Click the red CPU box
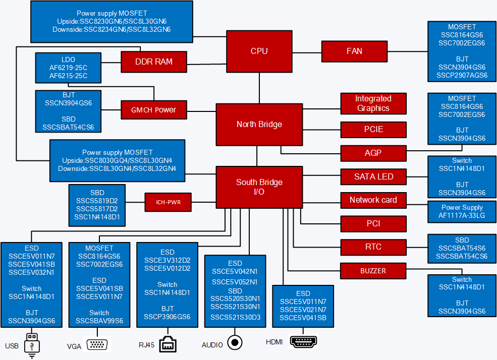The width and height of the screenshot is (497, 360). coord(259,51)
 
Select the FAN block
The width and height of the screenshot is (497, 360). coord(354,51)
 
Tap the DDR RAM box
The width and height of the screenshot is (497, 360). coord(154,62)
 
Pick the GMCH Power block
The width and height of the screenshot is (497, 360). coord(154,110)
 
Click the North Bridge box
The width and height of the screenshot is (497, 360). coord(259,124)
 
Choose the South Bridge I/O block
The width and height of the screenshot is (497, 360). coord(259,187)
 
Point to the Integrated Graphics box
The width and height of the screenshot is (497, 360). coord(373,103)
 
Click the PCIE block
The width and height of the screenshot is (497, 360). coord(373,130)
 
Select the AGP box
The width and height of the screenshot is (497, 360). coord(373,153)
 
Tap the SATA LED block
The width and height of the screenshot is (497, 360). coord(373,176)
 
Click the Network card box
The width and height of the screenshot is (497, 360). coord(373,200)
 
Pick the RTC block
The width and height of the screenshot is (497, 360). coord(373,247)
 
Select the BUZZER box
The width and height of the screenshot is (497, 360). coord(373,271)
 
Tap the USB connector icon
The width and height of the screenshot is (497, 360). coord(32,344)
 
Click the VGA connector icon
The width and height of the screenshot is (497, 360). coord(97,345)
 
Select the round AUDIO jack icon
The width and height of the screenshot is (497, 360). coord(234,342)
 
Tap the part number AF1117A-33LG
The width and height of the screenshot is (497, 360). coord(462,215)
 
